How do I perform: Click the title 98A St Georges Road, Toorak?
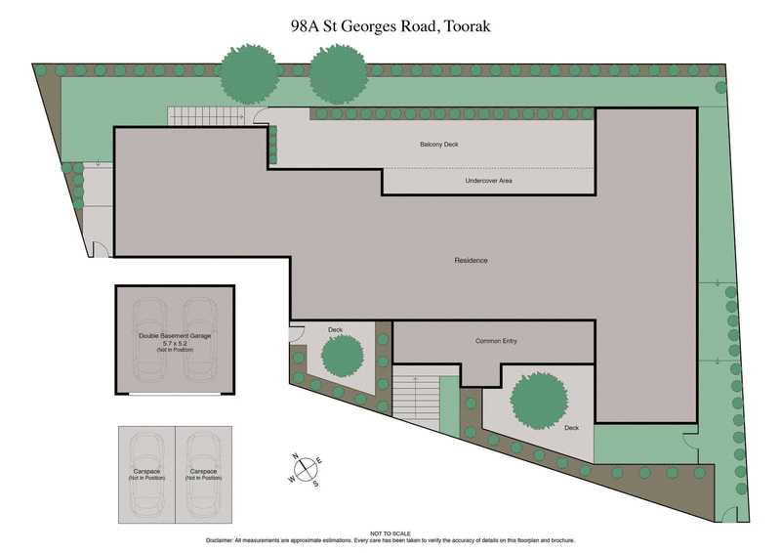[x=390, y=28]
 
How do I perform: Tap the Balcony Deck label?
[x=438, y=145]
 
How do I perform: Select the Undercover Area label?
[x=488, y=181]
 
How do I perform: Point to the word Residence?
[x=471, y=261]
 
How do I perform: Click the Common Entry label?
[x=496, y=341]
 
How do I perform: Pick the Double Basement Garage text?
[x=175, y=335]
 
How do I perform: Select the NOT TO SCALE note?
[x=390, y=532]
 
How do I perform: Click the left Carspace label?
[x=146, y=474]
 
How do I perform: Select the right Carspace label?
[x=203, y=474]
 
